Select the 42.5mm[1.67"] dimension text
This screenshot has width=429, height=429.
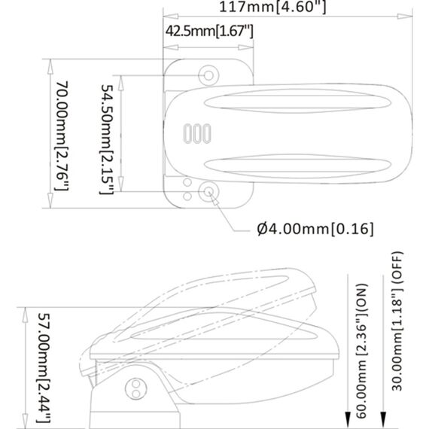tap(208, 31)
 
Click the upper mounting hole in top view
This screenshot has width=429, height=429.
tap(208, 74)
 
